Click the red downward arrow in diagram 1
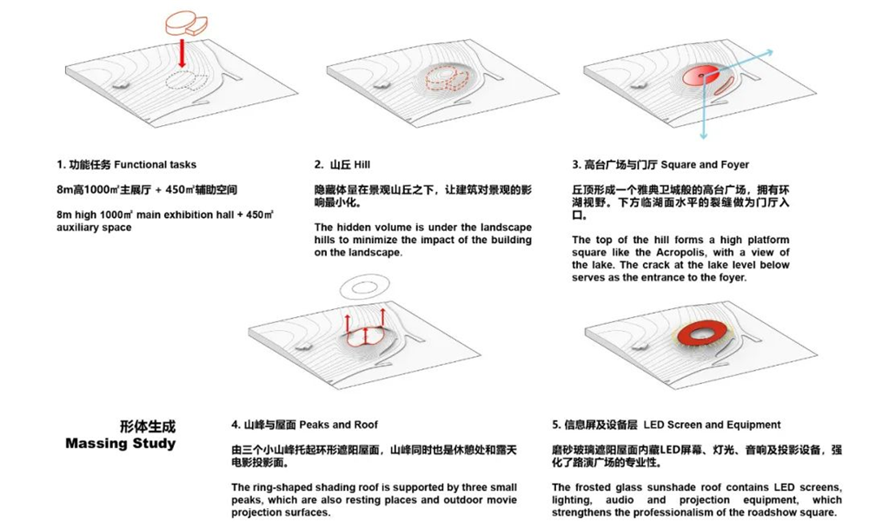[x=182, y=52]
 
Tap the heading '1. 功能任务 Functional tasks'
[x=126, y=164]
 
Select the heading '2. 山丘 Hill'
[x=342, y=164]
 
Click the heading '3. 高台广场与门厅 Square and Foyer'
[x=660, y=164]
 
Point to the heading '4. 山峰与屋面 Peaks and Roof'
[x=304, y=425]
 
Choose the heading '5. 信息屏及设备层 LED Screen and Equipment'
[x=667, y=425]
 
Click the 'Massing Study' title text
[x=120, y=443]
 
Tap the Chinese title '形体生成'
[x=148, y=426]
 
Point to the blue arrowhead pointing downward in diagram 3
[x=704, y=135]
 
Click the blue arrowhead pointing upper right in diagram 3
[x=769, y=53]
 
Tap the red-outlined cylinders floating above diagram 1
[x=186, y=24]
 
